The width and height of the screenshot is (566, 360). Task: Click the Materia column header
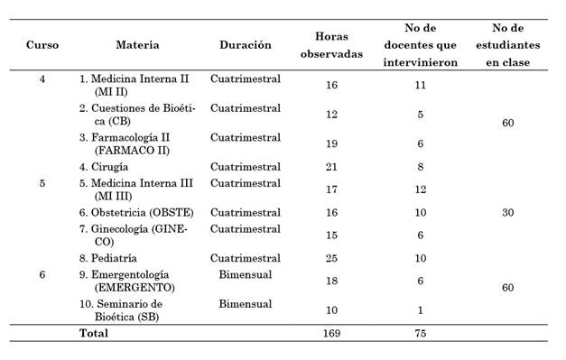click(x=137, y=45)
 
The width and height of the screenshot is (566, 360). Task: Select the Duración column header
click(x=245, y=45)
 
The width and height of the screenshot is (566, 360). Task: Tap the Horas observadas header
click(x=331, y=45)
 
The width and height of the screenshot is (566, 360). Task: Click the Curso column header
click(x=42, y=45)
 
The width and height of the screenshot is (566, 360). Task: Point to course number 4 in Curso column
click(x=42, y=79)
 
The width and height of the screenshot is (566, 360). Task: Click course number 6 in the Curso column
click(x=42, y=274)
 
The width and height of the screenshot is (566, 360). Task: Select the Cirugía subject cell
click(x=104, y=166)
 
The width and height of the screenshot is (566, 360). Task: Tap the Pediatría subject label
click(x=109, y=258)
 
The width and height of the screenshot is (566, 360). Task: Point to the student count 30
click(x=506, y=213)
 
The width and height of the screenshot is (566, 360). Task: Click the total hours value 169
click(x=331, y=333)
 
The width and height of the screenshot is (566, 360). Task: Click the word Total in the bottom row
click(x=94, y=333)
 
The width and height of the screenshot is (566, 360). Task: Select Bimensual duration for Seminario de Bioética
click(x=245, y=304)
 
